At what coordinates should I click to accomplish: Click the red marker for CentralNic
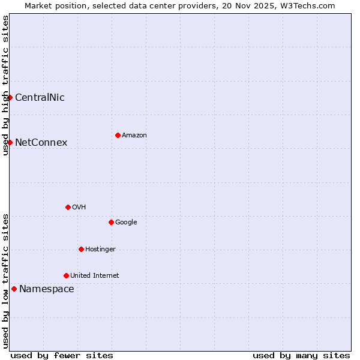point(10,97)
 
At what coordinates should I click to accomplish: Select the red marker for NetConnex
point(10,142)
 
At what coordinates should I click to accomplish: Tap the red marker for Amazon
point(118,135)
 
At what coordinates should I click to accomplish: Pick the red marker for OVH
point(68,207)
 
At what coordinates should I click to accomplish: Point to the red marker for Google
point(111,222)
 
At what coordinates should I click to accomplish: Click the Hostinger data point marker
point(81,249)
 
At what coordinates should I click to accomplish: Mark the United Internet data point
point(66,275)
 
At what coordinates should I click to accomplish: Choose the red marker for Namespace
point(14,289)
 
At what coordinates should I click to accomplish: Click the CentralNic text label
point(40,97)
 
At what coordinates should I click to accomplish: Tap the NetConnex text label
point(41,142)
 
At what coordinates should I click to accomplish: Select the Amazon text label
point(134,135)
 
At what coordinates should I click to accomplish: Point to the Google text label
point(126,222)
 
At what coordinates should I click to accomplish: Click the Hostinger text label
point(100,249)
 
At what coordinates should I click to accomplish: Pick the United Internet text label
point(95,275)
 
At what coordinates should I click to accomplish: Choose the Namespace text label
point(47,289)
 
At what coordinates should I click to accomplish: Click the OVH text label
point(79,207)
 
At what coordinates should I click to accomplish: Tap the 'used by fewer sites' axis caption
point(62,355)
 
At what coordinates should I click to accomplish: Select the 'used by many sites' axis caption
point(301,355)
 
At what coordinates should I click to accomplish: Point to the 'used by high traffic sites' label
point(5,85)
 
